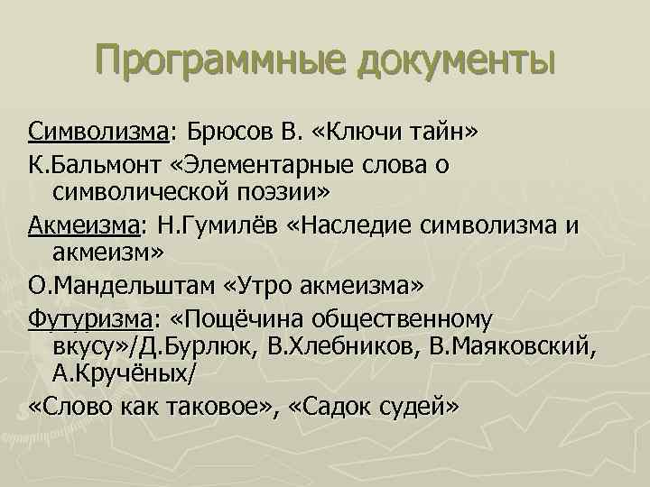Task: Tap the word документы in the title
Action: pyautogui.click(x=456, y=60)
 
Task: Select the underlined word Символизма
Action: pyautogui.click(x=97, y=133)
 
